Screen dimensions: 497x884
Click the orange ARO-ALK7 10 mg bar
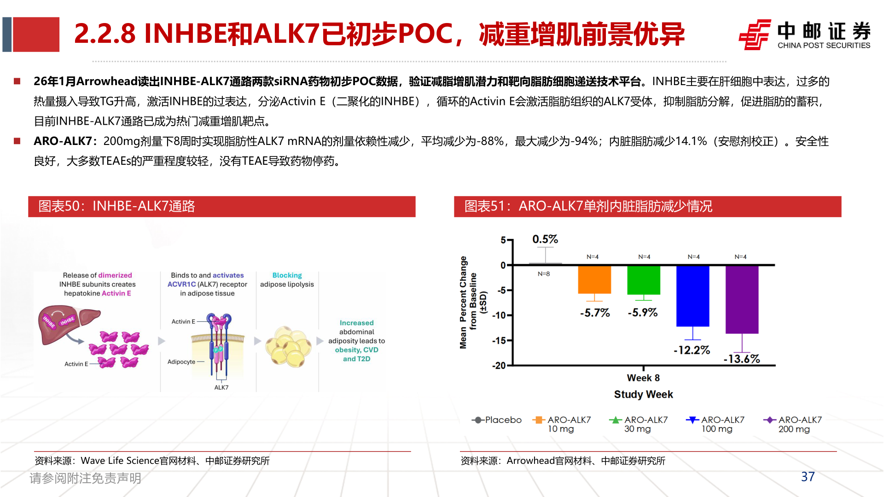tap(594, 279)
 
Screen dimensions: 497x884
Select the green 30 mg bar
tap(643, 280)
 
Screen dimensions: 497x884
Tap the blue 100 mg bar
tap(692, 296)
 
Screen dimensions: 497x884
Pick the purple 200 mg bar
tap(742, 299)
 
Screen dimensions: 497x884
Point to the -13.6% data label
tap(741, 359)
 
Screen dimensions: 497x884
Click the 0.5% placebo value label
tap(545, 239)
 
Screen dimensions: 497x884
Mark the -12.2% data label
tap(692, 350)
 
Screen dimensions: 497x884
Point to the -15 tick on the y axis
tap(499, 341)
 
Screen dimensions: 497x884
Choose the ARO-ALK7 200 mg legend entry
tap(793, 424)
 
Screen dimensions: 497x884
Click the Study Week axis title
tap(643, 394)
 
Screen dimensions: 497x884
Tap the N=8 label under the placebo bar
tap(544, 274)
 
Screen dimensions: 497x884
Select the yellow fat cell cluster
tap(288, 347)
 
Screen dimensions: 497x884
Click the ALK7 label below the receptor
tap(221, 387)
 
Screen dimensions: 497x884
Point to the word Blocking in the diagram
tap(287, 275)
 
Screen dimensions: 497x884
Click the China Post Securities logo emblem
tap(754, 35)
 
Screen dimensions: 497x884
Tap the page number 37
tap(808, 477)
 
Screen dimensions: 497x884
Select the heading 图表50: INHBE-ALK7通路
tap(116, 206)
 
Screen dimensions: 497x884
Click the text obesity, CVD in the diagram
tap(356, 350)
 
